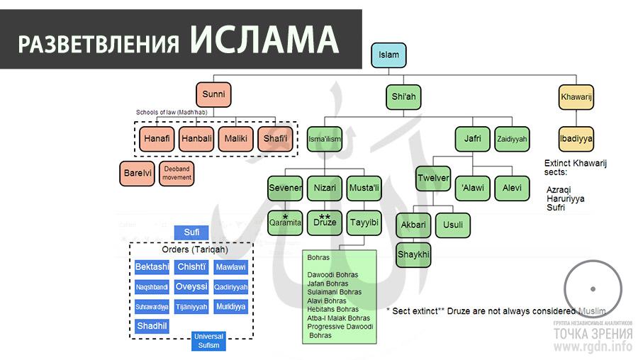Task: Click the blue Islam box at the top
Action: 389,55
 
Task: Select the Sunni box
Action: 214,95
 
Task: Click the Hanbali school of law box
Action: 196,138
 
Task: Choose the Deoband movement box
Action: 177,174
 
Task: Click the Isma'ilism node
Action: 324,139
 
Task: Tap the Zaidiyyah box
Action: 512,139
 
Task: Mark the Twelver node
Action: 433,178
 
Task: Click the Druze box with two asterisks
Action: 325,222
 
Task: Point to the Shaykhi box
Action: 413,254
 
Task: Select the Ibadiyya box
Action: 576,138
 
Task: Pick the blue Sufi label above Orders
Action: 191,232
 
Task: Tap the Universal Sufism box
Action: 208,341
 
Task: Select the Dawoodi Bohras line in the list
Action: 332,275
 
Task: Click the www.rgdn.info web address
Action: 593,347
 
